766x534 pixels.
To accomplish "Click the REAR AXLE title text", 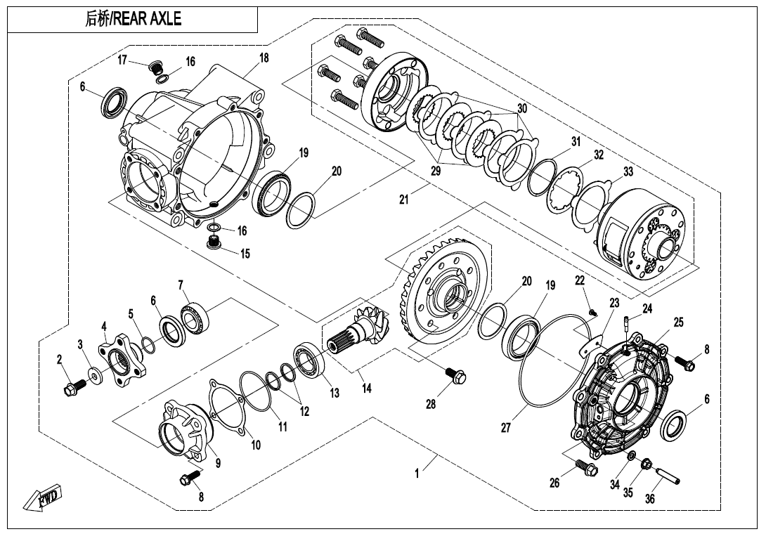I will tap(133, 20).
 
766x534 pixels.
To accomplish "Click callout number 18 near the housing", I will tap(264, 58).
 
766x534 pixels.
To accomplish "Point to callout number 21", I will tap(403, 200).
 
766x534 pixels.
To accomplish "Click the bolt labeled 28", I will tap(455, 377).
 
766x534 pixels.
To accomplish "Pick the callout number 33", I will tap(628, 171).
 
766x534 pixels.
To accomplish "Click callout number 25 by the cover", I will tap(678, 322).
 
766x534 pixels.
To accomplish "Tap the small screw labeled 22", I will tap(592, 311).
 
